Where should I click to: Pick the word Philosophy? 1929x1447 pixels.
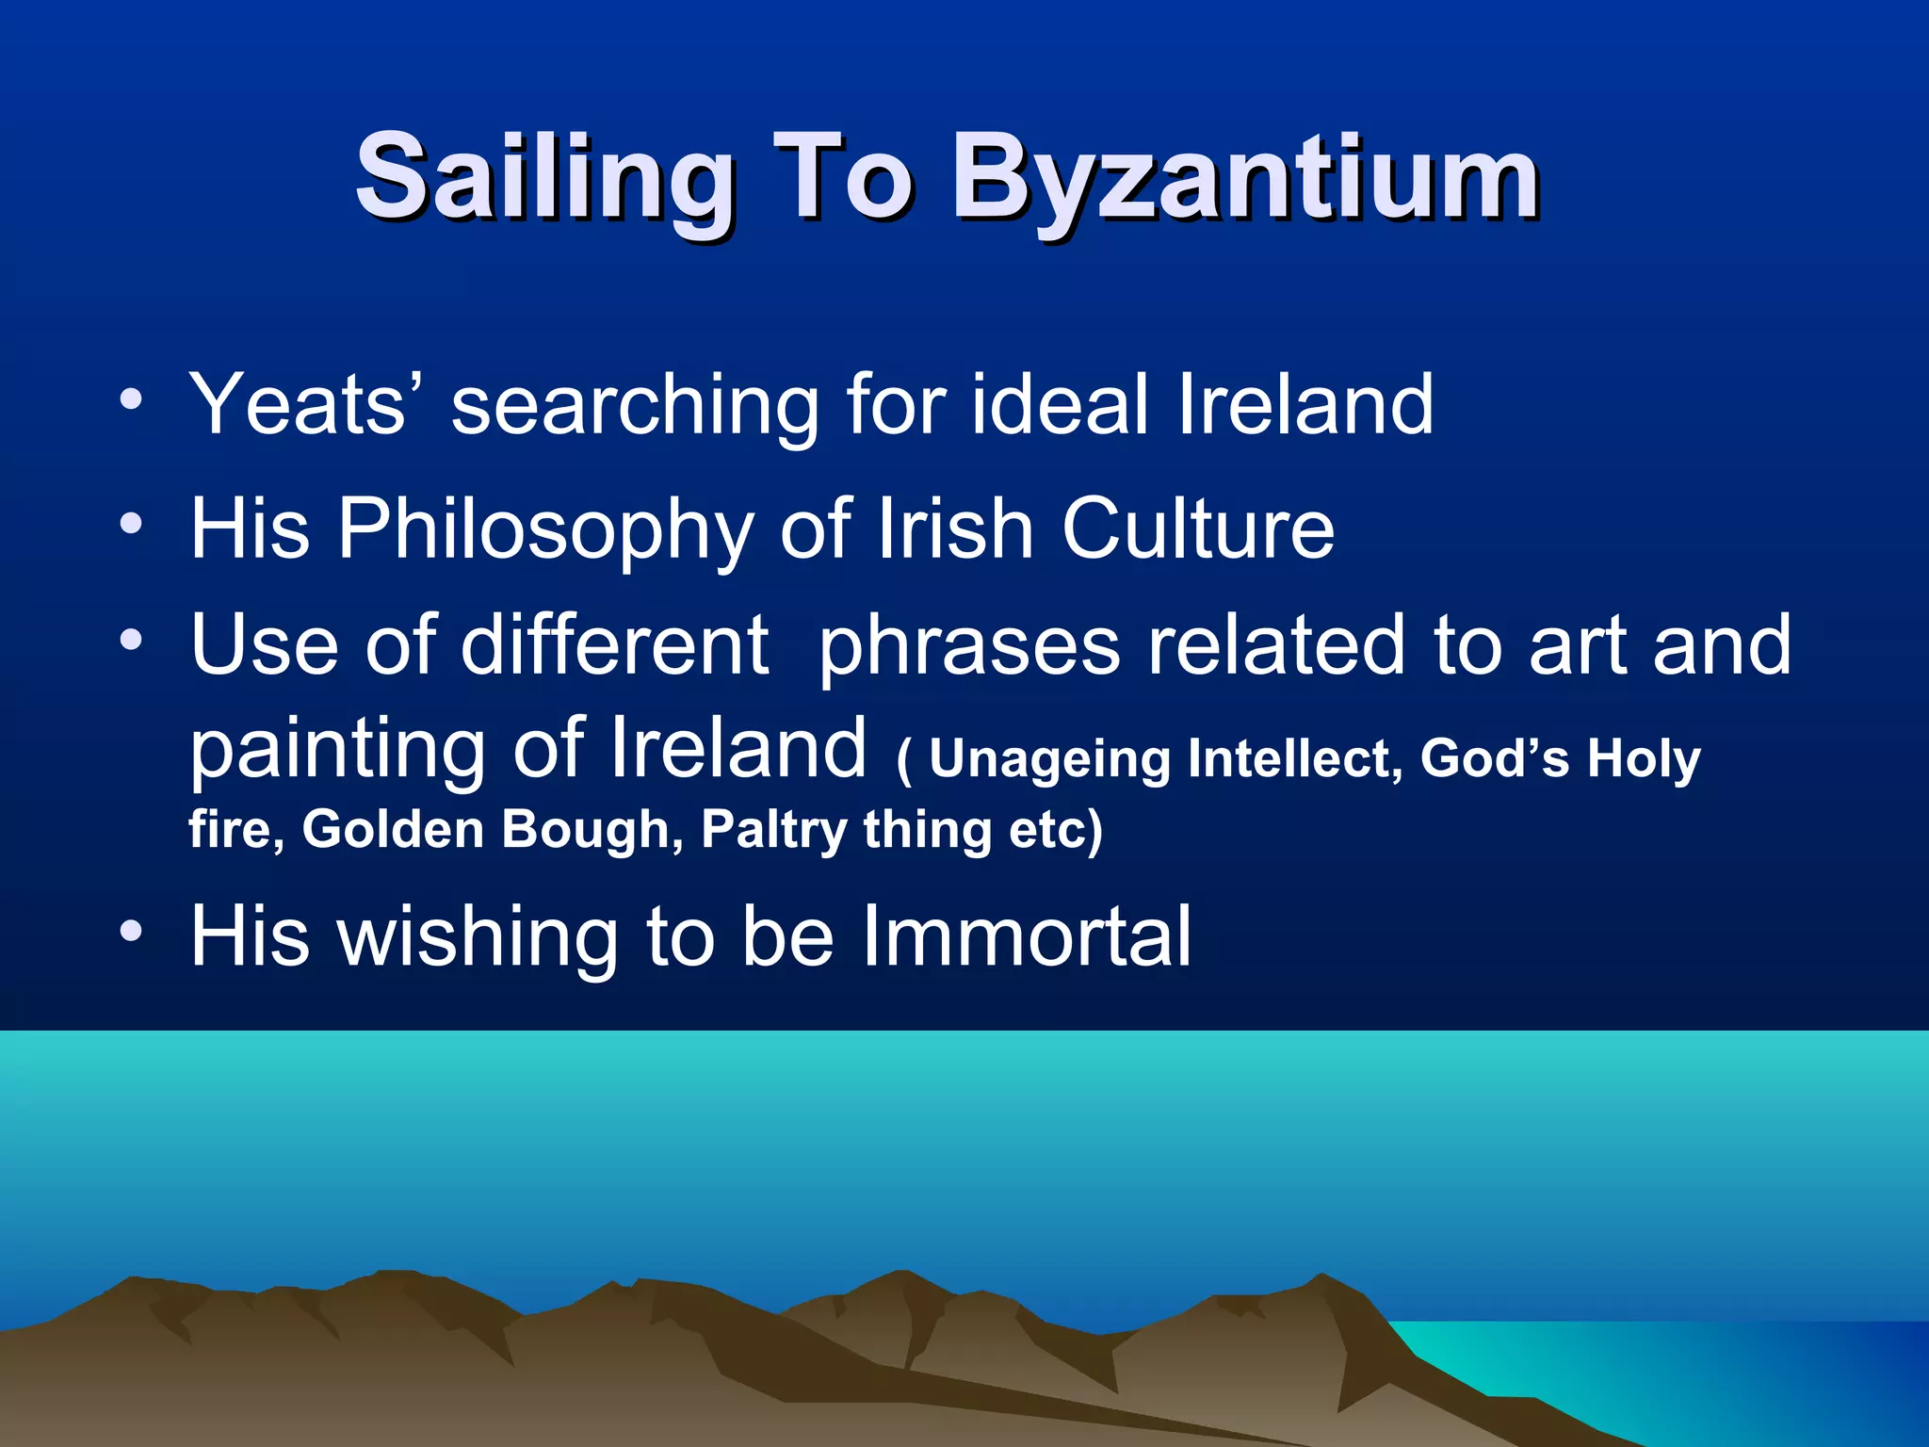coord(545,530)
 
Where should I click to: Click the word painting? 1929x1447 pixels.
coord(338,750)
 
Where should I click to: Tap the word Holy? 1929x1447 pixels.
coord(1645,759)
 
